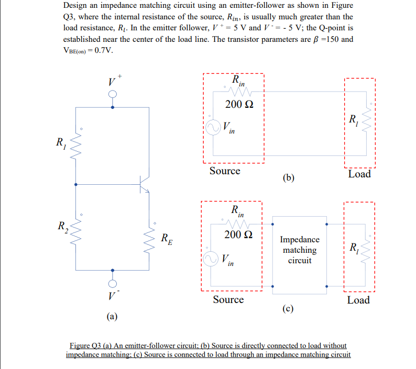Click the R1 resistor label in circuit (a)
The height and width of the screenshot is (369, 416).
tap(62, 141)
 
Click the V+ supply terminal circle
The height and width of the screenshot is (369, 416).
tap(112, 94)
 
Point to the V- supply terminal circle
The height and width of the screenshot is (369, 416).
tap(112, 283)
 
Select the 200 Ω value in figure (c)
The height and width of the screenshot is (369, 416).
tap(236, 234)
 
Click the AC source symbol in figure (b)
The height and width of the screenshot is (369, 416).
tap(214, 128)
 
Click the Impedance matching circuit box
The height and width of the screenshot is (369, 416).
tap(299, 250)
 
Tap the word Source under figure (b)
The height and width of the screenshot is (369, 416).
tap(225, 171)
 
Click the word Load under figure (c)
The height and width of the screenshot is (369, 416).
tap(358, 300)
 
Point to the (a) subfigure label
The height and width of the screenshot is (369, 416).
tap(112, 316)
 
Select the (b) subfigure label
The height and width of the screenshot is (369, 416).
tap(288, 178)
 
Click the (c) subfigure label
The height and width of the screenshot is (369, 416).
tap(288, 308)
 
